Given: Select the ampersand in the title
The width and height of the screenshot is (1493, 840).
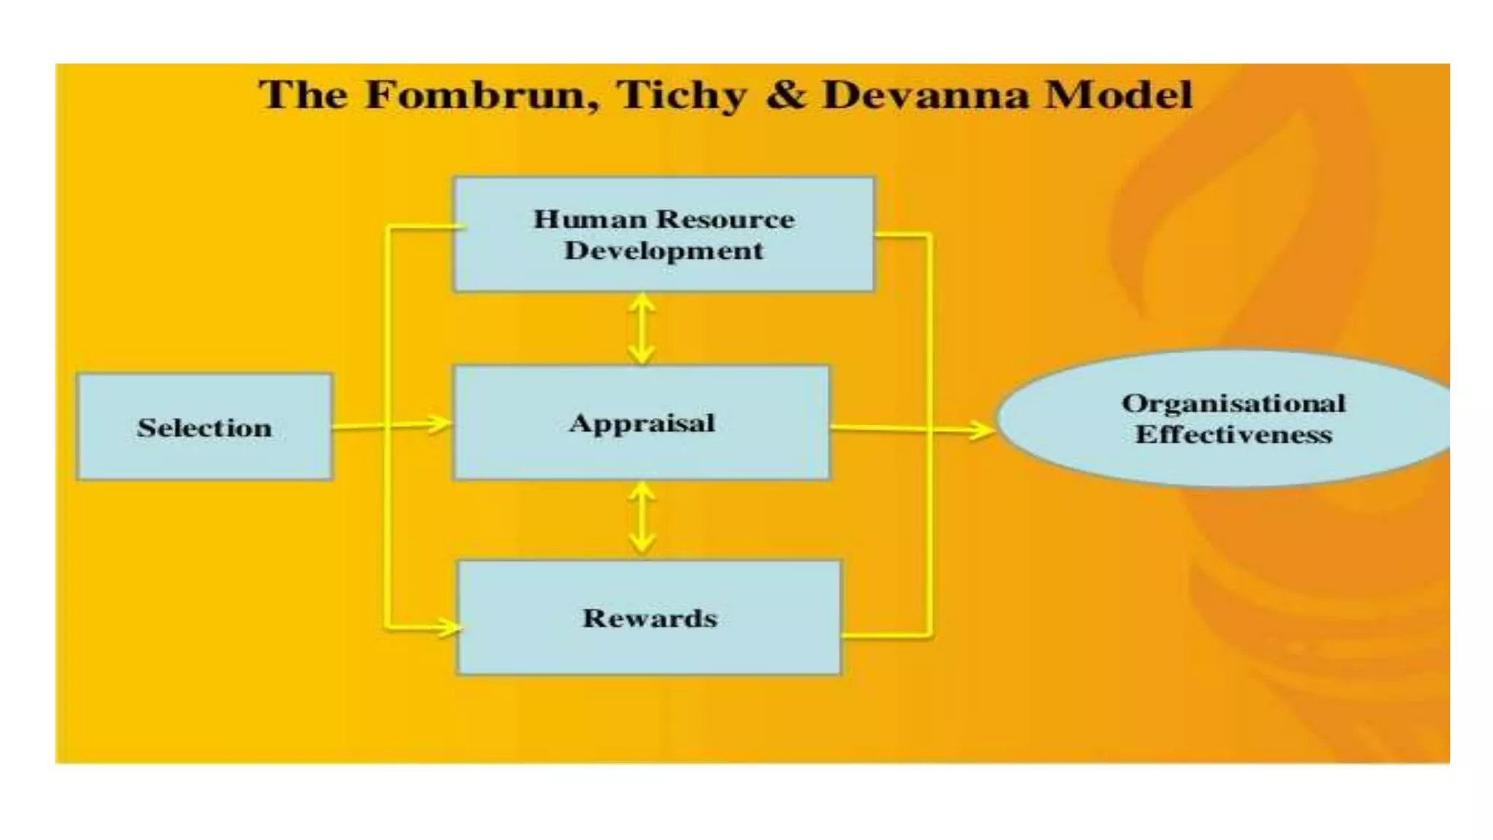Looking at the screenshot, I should tap(786, 95).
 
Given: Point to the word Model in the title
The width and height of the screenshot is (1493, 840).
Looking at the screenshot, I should tap(1119, 95).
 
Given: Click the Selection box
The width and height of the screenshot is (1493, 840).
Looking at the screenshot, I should tap(205, 427).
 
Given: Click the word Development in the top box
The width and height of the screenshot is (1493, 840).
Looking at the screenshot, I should tap(663, 251).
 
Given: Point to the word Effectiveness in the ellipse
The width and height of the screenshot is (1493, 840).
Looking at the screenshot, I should tap(1233, 435).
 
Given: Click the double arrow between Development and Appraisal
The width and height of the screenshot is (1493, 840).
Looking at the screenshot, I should tap(642, 328).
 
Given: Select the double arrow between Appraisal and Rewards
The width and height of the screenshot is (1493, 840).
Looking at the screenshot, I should tap(642, 518).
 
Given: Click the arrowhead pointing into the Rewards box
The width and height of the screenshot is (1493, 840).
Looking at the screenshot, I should tap(447, 626).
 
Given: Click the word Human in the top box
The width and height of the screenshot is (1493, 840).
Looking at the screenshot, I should tap(590, 219).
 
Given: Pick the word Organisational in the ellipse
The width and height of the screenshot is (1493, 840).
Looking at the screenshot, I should tap(1233, 403).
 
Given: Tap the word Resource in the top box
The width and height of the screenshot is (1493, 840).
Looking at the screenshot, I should tap(725, 219).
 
